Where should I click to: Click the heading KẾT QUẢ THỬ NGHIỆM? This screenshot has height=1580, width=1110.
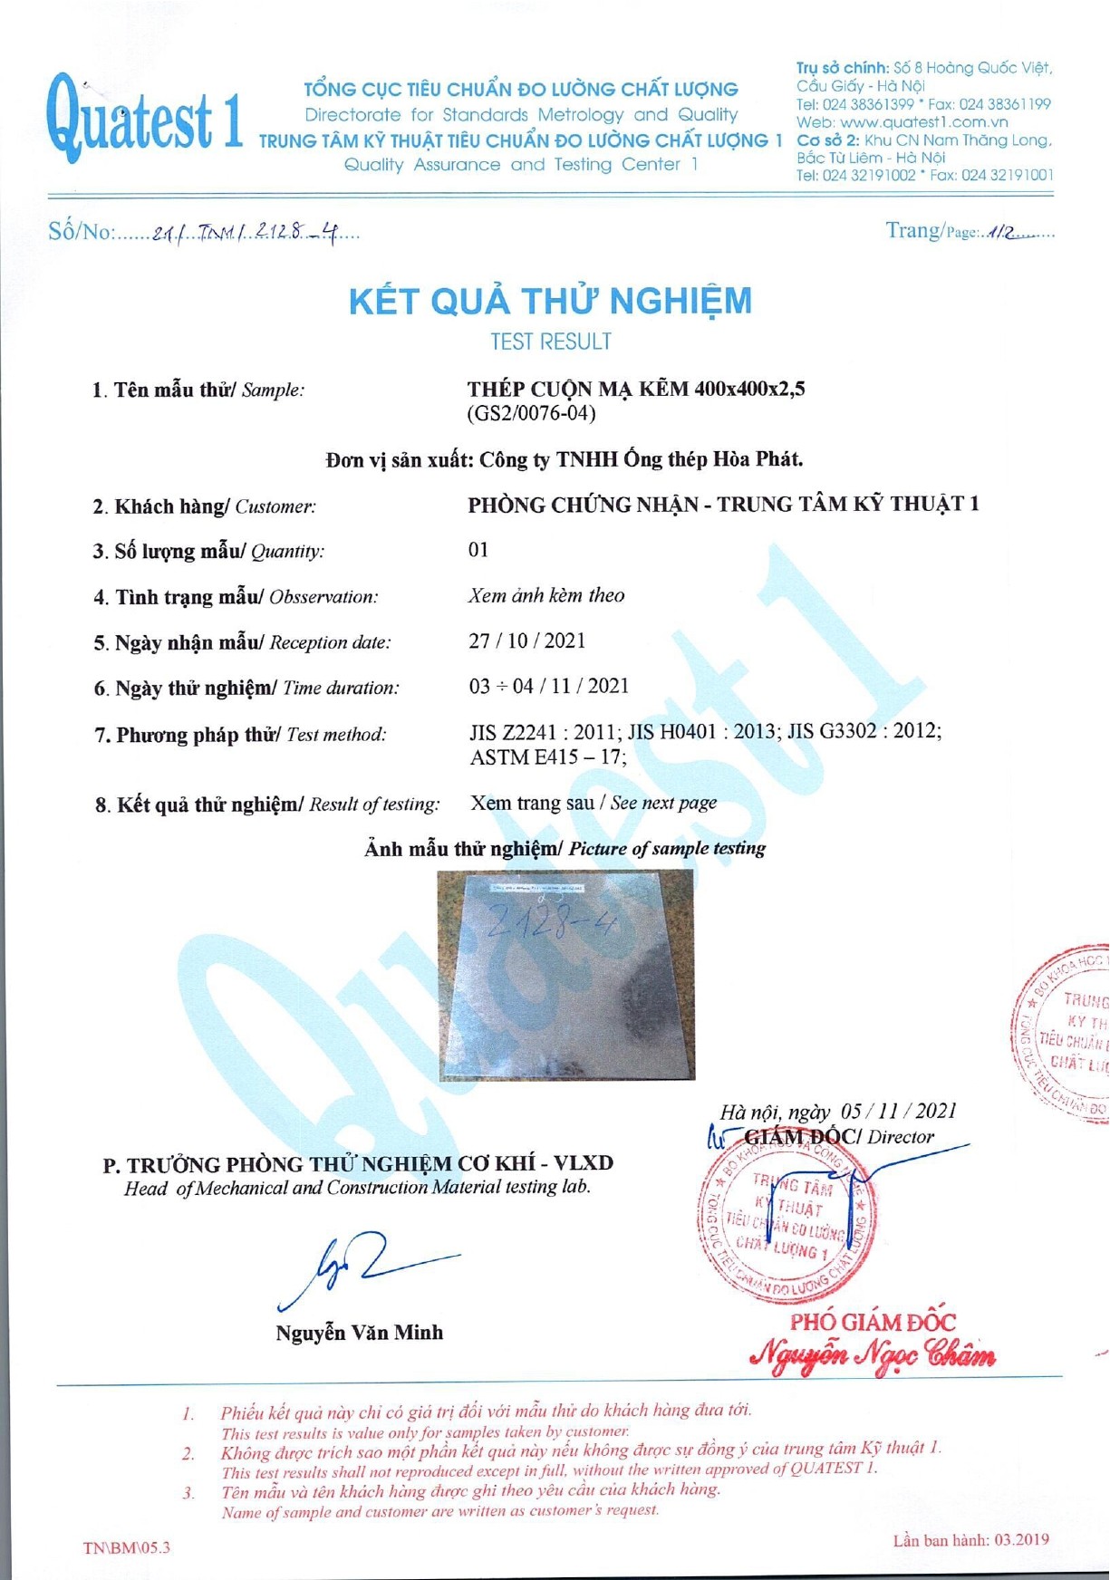(550, 301)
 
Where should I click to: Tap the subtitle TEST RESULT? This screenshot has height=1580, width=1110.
(550, 342)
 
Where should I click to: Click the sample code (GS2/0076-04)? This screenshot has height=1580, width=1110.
(531, 414)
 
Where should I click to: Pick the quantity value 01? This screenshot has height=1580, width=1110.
(478, 550)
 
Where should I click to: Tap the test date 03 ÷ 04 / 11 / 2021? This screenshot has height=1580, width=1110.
(548, 686)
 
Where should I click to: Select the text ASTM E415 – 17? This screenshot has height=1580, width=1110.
(546, 756)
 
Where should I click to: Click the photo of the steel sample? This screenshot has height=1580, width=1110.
(566, 976)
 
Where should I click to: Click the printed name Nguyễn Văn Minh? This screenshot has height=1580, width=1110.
(360, 1332)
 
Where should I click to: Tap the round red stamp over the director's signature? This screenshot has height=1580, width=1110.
(787, 1219)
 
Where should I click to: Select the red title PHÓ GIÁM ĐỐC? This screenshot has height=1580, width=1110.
(872, 1322)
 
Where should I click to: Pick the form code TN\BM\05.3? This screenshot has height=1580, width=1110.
(126, 1547)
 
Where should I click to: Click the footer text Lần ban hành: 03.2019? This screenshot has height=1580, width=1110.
(970, 1540)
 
